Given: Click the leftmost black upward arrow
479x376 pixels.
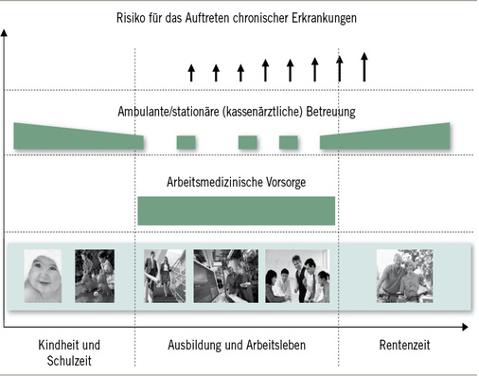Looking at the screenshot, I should [190, 72].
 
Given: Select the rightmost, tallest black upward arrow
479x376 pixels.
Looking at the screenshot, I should [364, 66].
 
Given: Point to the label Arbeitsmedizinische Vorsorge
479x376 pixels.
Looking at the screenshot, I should [236, 181].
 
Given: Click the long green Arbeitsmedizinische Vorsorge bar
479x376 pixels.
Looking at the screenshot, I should [236, 209].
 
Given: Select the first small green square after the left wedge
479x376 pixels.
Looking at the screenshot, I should [186, 142].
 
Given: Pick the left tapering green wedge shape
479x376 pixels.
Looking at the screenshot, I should [76, 136].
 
